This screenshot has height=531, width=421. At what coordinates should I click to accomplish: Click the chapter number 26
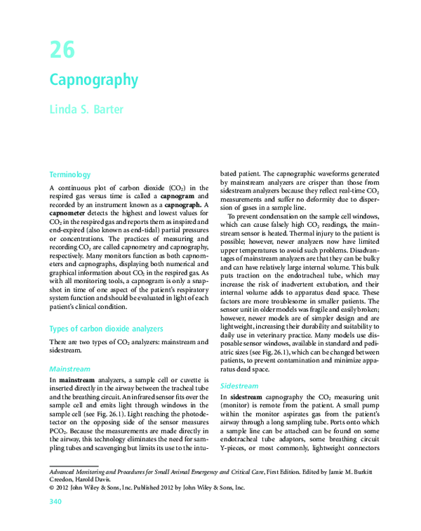click(x=61, y=51)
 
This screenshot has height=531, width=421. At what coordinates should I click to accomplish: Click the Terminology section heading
click(x=70, y=174)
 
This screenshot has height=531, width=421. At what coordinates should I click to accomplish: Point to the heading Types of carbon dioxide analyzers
click(x=106, y=329)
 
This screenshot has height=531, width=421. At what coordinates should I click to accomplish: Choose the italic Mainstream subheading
click(x=69, y=368)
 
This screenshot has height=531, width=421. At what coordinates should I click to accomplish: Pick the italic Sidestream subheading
click(x=240, y=386)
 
